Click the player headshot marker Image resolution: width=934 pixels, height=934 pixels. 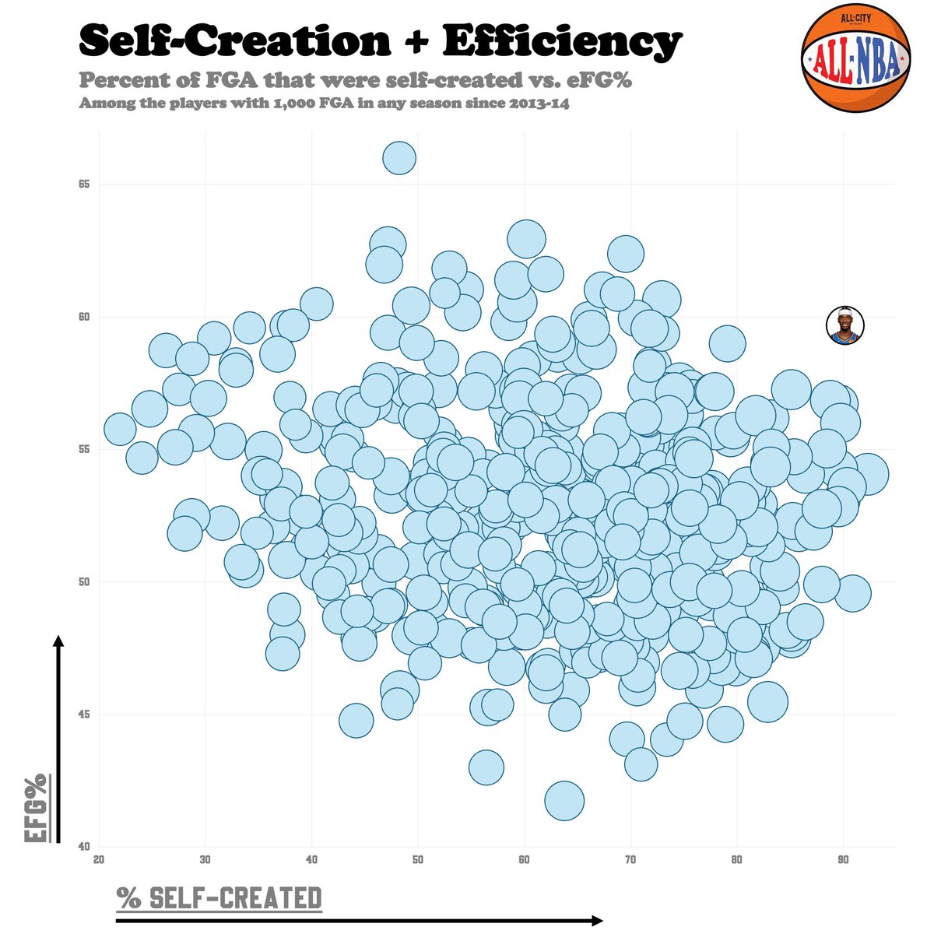pyautogui.click(x=845, y=325)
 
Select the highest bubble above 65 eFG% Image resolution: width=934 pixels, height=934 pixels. pyautogui.click(x=399, y=158)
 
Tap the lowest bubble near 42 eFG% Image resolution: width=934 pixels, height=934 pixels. pyautogui.click(x=564, y=801)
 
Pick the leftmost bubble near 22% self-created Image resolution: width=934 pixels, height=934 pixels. pyautogui.click(x=120, y=429)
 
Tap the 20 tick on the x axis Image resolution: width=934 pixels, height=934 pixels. pyautogui.click(x=99, y=860)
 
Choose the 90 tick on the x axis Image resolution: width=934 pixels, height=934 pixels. pyautogui.click(x=843, y=860)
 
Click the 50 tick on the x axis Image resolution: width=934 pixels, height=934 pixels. pyautogui.click(x=418, y=860)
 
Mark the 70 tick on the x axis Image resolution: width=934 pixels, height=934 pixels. pyautogui.click(x=630, y=860)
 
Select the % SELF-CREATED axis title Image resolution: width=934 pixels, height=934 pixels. pyautogui.click(x=219, y=897)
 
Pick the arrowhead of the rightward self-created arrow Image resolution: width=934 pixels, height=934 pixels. pyautogui.click(x=597, y=921)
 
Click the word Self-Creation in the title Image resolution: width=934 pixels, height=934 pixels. pyautogui.click(x=234, y=40)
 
